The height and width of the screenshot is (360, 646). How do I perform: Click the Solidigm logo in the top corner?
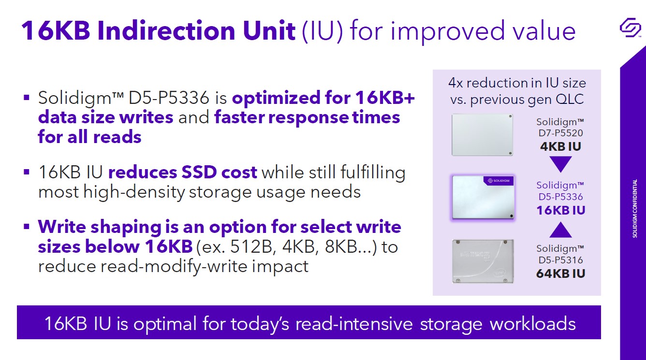point(630,27)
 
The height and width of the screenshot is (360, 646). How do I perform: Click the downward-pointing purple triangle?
point(560,164)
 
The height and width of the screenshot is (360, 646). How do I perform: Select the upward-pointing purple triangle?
point(560,230)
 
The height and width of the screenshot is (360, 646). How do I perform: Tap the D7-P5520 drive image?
point(482,135)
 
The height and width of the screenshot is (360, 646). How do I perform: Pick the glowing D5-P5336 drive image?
point(483,198)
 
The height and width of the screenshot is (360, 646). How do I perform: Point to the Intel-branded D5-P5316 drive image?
point(483,261)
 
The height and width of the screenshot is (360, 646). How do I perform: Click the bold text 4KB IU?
point(560,146)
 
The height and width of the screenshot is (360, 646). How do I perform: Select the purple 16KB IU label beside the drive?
point(560,210)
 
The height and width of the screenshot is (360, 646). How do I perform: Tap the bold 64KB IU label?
point(560,274)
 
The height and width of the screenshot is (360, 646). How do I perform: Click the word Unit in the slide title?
point(269,30)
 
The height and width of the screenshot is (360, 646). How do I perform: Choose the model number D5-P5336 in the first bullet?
point(168,98)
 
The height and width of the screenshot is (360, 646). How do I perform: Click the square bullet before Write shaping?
point(27,227)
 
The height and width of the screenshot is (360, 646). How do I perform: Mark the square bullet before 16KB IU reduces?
point(27,172)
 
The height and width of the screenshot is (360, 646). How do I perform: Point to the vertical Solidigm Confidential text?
point(634,208)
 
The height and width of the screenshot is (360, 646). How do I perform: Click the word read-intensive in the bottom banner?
point(354,323)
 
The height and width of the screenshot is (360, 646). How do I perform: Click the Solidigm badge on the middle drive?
point(499,181)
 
